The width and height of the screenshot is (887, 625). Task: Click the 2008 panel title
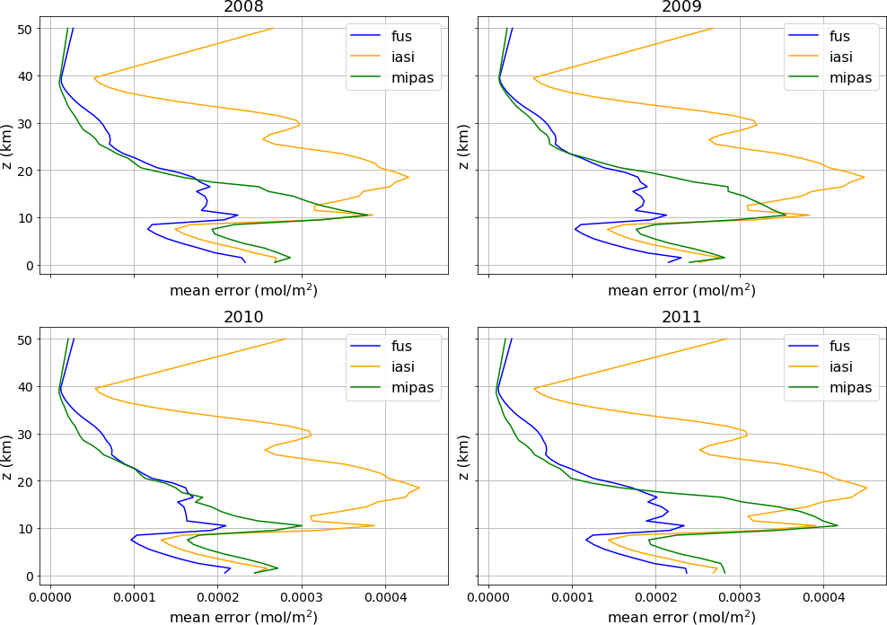tap(243, 7)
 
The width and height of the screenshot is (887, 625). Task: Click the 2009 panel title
tap(681, 7)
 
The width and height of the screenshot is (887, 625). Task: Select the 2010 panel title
tap(243, 317)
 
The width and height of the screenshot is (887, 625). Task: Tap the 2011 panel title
tap(681, 317)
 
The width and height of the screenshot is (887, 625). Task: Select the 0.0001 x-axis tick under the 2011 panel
tap(572, 596)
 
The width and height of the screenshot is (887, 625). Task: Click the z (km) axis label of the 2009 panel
tap(463, 146)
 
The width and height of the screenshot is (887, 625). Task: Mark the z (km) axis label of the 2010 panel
tap(9, 456)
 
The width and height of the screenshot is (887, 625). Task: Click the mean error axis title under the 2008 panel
tap(243, 291)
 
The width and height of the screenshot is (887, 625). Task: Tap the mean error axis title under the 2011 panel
tap(681, 618)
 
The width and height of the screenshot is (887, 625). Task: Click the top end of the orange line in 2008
tap(273, 29)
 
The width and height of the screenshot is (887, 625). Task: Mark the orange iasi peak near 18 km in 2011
tap(867, 488)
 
